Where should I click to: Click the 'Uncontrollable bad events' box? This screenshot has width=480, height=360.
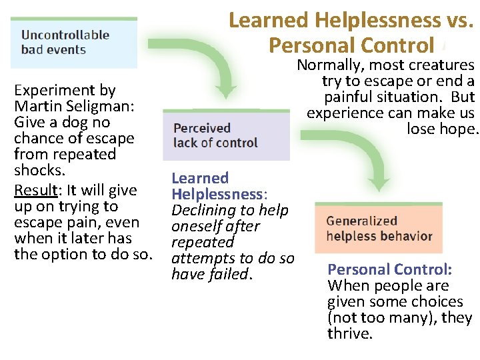[73, 42]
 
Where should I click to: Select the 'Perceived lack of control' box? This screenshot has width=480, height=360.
[227, 135]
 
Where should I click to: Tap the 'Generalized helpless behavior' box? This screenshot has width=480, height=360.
[378, 228]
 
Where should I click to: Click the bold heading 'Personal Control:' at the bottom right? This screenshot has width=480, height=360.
[389, 269]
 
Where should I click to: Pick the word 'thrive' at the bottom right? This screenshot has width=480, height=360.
[347, 333]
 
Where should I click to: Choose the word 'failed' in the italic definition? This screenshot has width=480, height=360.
[227, 274]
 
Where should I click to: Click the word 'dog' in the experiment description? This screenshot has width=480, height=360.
[72, 122]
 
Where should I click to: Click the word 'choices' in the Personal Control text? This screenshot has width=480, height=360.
[435, 301]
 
